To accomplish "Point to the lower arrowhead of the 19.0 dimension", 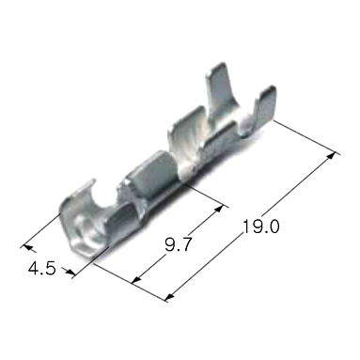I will (168, 300).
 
